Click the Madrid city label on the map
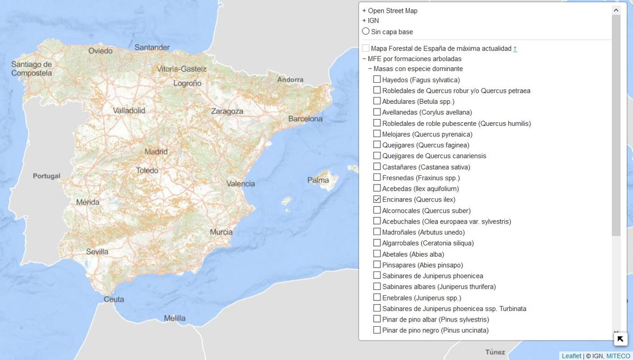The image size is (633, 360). point(156,152)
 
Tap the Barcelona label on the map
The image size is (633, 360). point(305,119)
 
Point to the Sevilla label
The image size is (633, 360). point(97,251)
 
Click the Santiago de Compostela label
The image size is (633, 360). point(32,69)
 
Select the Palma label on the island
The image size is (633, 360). point(318,180)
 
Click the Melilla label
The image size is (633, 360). point(175,318)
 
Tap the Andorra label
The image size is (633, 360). point(291,80)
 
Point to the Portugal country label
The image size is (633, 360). point(47,176)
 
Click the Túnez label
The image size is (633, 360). point(495,352)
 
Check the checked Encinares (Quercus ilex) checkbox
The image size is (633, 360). point(377,199)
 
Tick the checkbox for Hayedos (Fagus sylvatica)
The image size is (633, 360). point(377,80)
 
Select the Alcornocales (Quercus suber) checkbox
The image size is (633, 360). point(377,210)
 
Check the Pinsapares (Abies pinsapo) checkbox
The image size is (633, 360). point(377,265)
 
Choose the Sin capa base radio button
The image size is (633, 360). point(366,32)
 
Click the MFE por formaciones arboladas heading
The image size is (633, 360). point(414,59)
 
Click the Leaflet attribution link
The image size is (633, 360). point(571,356)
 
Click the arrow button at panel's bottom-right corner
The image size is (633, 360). point(620,338)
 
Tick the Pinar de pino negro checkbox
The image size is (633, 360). point(377,330)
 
